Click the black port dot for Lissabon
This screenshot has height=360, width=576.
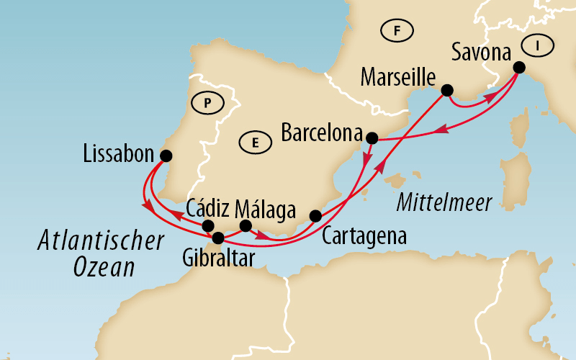point(166,156)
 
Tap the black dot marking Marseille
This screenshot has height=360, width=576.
point(446,91)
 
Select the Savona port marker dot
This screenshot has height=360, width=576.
point(518,68)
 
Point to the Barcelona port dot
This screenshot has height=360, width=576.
point(372,138)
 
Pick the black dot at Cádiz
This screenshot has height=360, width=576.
point(208,226)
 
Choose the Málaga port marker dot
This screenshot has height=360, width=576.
point(246,226)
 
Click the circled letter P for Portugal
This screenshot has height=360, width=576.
point(207,103)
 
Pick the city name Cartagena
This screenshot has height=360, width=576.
point(364,235)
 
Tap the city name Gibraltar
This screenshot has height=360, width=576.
point(219,258)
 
